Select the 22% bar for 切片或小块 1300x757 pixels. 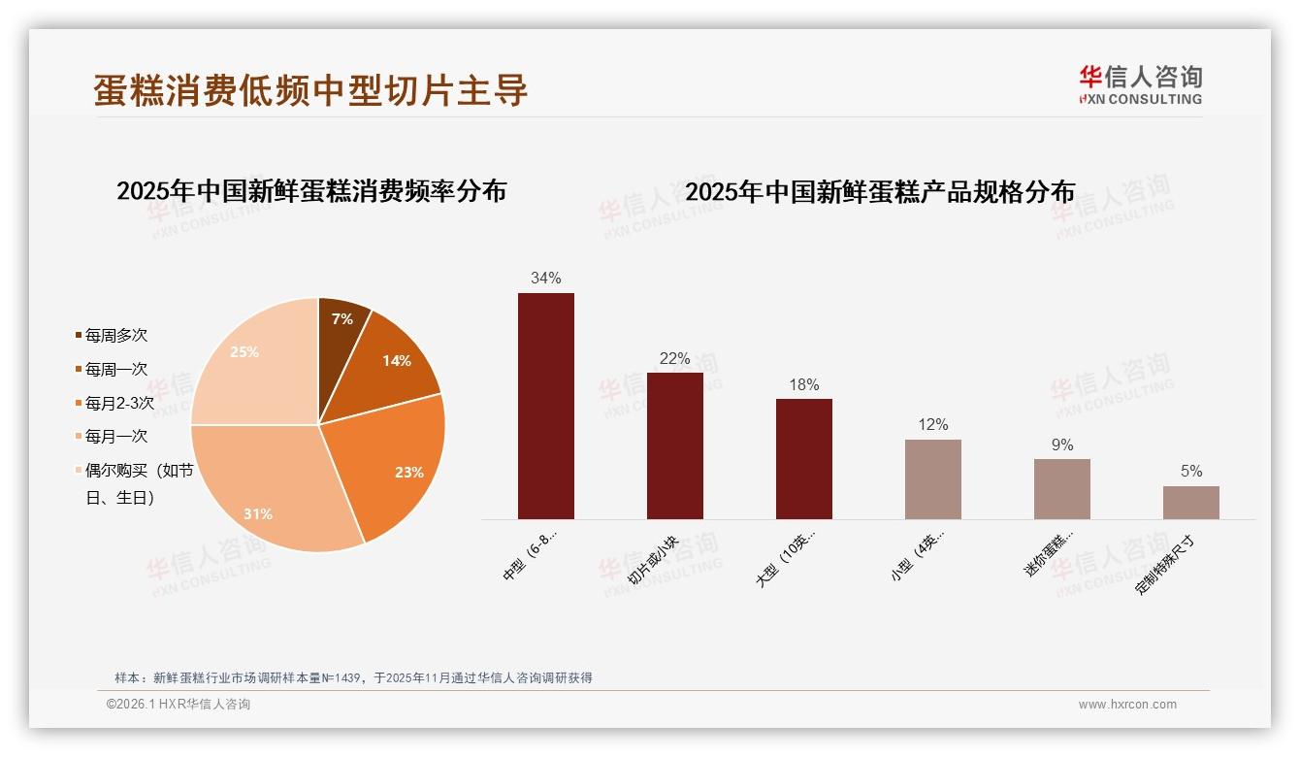674,445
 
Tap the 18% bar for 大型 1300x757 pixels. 803,458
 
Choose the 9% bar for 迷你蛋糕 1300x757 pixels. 1061,488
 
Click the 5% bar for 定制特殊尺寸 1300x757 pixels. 1190,502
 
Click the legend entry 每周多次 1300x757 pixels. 115,336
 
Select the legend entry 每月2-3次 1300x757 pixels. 118,403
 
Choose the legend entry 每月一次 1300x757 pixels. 115,437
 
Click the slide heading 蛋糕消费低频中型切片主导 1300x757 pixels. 310,89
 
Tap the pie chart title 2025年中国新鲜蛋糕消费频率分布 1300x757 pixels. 311,191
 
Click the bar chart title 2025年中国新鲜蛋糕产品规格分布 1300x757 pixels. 880,192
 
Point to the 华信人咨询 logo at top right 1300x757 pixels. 1140,84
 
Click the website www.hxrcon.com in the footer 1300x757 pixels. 1127,705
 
